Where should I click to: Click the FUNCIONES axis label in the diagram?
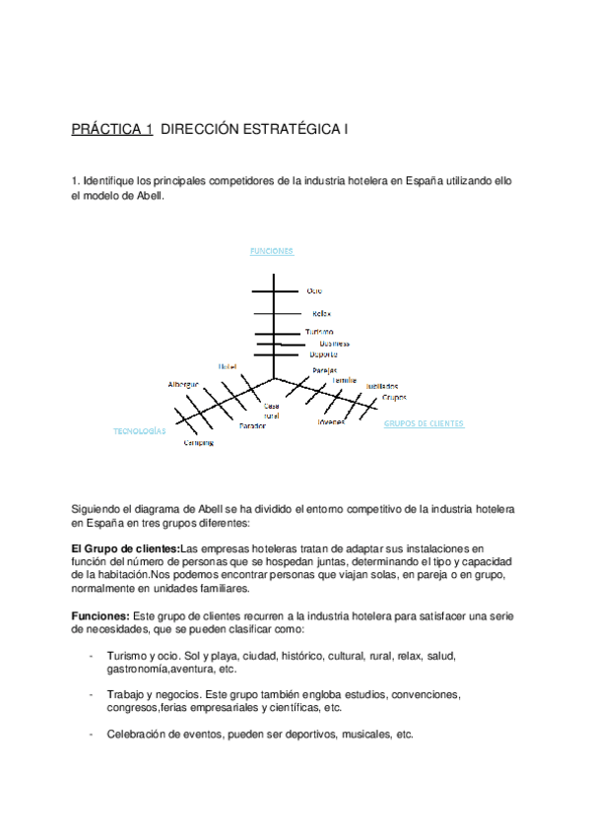pyautogui.click(x=272, y=251)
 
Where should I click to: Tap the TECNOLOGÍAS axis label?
pyautogui.click(x=139, y=431)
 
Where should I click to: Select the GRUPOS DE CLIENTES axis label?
pyautogui.click(x=423, y=423)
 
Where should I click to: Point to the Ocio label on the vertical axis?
pyautogui.click(x=314, y=291)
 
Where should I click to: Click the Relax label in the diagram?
pyautogui.click(x=321, y=313)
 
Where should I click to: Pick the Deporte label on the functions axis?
pyautogui.click(x=323, y=353)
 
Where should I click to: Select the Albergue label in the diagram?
pyautogui.click(x=183, y=384)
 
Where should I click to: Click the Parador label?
pyautogui.click(x=253, y=425)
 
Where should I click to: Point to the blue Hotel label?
pyautogui.click(x=228, y=366)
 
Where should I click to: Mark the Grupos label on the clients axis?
pyautogui.click(x=394, y=397)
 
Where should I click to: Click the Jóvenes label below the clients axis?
pyautogui.click(x=331, y=421)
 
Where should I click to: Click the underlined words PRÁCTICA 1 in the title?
pyautogui.click(x=112, y=129)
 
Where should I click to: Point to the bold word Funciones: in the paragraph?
pyautogui.click(x=100, y=615)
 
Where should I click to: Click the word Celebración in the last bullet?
pyautogui.click(x=140, y=735)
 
